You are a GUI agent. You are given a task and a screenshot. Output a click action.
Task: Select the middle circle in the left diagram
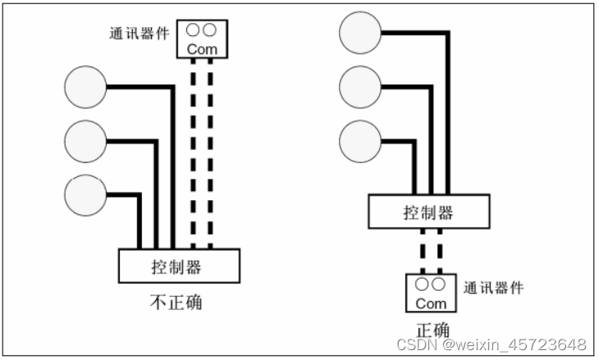pos(85,141)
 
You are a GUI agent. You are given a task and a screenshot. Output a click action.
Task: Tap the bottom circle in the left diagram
pos(85,195)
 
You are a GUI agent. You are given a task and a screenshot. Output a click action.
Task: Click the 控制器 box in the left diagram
pos(179,267)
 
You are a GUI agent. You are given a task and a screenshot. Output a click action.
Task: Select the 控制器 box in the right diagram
pos(428,212)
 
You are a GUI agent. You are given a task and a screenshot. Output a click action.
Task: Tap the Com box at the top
pos(201,39)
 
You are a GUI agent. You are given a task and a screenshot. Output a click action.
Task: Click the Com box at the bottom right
pos(431,294)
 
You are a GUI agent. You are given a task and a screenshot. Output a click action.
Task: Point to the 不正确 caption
pos(176,302)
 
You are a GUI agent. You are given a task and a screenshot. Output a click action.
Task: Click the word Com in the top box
pos(201,48)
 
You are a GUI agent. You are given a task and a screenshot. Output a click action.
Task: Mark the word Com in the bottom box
pos(431,303)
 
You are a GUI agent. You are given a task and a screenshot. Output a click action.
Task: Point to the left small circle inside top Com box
pos(193,30)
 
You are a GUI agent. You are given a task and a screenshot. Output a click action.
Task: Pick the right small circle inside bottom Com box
pos(439,285)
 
